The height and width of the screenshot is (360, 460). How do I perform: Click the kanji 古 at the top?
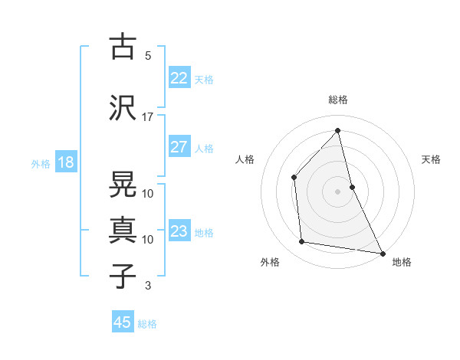tap(123, 47)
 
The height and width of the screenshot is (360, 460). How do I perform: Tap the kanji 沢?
tap(123, 108)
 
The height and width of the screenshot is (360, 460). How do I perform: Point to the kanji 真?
tap(123, 231)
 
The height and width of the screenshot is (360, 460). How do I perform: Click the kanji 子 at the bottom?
tap(123, 277)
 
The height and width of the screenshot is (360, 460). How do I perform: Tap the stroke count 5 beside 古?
tap(148, 55)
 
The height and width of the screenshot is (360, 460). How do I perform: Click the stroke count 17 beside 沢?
tap(148, 116)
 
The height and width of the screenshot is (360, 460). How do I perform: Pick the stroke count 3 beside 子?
tap(148, 286)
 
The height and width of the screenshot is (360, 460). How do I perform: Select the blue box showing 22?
tap(179, 77)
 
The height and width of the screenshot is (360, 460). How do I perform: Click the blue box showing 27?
tap(179, 147)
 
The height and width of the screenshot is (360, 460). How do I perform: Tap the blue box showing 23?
tap(179, 231)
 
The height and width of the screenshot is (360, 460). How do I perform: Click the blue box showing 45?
tap(123, 322)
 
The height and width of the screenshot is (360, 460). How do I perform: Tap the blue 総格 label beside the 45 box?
tap(147, 324)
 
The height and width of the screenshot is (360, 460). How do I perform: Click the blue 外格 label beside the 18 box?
tap(40, 163)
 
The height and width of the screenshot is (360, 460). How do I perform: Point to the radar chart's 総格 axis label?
tap(337, 100)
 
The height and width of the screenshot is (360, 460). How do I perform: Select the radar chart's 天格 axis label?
tap(431, 159)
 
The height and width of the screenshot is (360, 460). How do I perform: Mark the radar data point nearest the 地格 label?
tap(382, 252)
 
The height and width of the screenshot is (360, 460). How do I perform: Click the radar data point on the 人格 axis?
tap(294, 178)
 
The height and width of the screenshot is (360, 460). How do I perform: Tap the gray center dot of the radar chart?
tap(337, 191)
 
